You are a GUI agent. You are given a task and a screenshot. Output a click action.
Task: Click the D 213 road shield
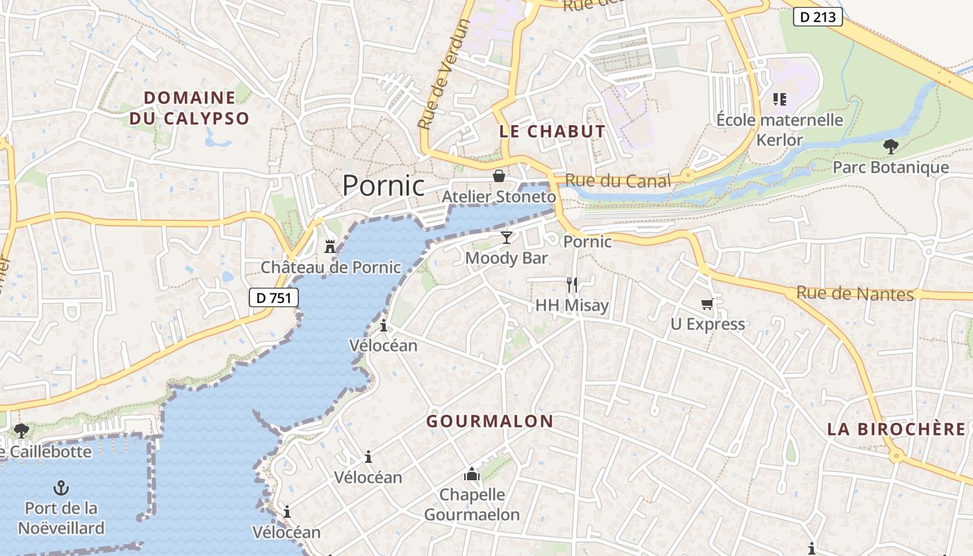pos(818,17)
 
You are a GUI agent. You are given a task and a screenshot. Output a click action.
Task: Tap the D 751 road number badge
pos(274,297)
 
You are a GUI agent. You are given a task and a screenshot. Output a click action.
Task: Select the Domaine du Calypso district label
pos(189,108)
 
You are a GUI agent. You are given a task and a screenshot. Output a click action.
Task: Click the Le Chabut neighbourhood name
pos(553,131)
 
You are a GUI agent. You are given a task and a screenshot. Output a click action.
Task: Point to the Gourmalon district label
pos(490,421)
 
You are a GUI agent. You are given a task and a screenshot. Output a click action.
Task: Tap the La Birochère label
pos(897,429)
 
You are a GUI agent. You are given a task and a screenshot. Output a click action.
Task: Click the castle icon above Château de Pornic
pos(330,247)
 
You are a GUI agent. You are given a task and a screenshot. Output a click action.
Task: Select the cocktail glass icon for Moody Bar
pos(507,238)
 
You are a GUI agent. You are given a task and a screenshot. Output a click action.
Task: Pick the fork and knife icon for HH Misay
pos(572,284)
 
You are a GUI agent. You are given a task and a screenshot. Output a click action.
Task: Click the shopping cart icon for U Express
pos(708,304)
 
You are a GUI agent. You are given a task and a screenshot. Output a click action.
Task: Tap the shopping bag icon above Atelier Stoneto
pos(498,176)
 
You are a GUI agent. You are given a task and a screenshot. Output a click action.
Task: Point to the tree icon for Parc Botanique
pos(890,147)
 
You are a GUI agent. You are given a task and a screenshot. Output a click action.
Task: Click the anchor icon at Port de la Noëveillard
pos(61,487)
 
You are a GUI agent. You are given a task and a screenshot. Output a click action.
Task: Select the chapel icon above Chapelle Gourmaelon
pos(472,475)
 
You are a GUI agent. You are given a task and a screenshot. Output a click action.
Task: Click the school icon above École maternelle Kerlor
pos(779,99)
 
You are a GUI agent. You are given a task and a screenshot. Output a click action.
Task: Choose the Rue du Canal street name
pos(618,181)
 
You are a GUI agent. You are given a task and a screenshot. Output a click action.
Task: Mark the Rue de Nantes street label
pos(855,293)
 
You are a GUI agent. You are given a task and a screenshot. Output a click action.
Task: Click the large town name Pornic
pos(384,186)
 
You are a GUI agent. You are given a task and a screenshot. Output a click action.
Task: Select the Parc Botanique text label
pos(890,167)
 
